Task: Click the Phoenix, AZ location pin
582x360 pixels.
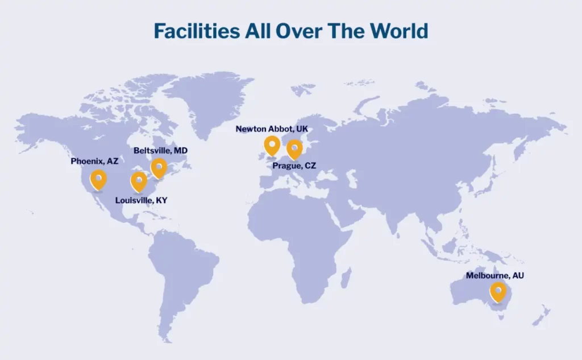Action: coord(98,179)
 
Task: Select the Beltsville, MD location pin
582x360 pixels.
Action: coord(159,168)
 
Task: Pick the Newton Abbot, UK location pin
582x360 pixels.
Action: coord(272,145)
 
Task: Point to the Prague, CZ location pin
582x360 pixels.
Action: coord(294,149)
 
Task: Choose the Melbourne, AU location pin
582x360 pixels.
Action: coord(498,292)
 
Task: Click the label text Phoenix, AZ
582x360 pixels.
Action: coord(94,162)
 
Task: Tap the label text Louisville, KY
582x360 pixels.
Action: coord(141,200)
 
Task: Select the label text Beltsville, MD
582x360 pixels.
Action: coord(160,151)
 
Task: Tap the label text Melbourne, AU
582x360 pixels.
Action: coord(494,275)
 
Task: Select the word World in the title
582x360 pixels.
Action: coord(398,31)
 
